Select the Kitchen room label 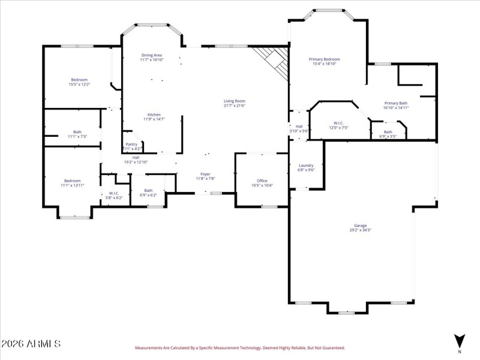tap(154, 117)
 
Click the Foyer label tap(205, 176)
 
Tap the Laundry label tap(306, 167)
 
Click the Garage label tap(360, 227)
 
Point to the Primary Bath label tap(396, 106)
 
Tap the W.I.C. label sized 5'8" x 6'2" tap(114, 195)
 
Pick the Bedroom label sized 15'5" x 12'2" tap(79, 82)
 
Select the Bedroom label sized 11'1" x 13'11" tap(73, 183)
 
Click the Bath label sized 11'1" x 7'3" tap(77, 134)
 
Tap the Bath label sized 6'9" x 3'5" tap(388, 134)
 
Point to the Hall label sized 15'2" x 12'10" tap(136, 160)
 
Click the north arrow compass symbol tap(460, 341)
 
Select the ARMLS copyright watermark tap(31, 344)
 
